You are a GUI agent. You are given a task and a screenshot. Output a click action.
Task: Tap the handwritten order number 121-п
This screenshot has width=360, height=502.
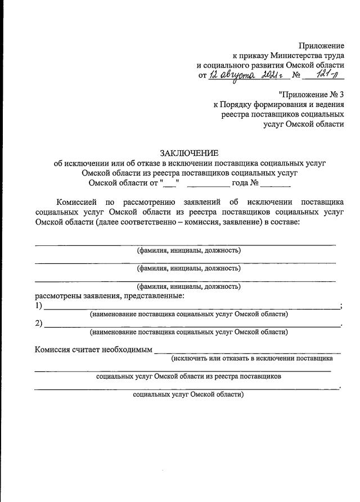click(x=327, y=75)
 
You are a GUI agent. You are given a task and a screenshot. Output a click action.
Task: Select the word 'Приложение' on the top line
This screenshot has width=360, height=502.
click(x=321, y=45)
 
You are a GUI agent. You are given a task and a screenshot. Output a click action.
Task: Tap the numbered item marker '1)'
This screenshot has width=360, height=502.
click(x=39, y=306)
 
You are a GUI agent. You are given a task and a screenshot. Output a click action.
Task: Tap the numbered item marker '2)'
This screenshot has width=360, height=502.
click(x=39, y=324)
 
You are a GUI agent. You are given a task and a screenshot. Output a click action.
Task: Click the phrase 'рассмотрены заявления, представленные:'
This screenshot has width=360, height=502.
click(x=110, y=295)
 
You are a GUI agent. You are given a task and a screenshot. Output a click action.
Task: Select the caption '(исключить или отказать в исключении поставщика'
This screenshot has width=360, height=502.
click(x=252, y=358)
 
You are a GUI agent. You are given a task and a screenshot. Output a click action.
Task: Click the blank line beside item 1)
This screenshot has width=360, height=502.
click(x=191, y=307)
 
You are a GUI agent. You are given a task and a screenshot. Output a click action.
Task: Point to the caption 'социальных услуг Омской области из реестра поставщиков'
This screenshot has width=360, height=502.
click(x=188, y=376)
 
